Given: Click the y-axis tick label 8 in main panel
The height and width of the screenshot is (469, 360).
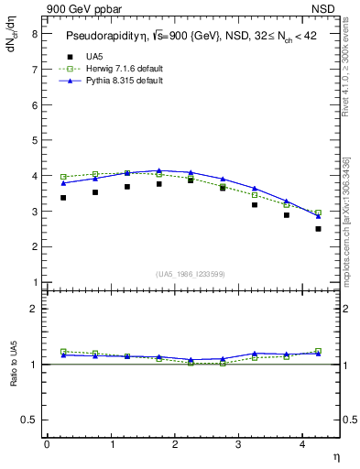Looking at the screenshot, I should point(34,34).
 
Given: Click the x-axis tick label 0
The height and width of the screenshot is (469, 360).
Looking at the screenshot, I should point(47,443).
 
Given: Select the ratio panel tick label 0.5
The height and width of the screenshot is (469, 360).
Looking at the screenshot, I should point(30,420).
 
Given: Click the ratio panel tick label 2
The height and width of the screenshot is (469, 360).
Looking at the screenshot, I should point(34,310).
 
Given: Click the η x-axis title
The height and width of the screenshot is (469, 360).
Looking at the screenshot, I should point(335,455).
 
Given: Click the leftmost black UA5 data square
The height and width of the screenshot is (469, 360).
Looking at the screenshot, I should point(63,197).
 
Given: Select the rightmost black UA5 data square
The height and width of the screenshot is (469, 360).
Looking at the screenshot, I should point(318,228).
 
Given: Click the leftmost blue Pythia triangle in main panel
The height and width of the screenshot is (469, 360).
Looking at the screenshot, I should point(63,183).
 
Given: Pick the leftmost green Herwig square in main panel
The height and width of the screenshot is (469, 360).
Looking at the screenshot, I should point(63,176).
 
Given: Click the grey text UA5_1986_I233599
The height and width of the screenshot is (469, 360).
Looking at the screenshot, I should point(191,273).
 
